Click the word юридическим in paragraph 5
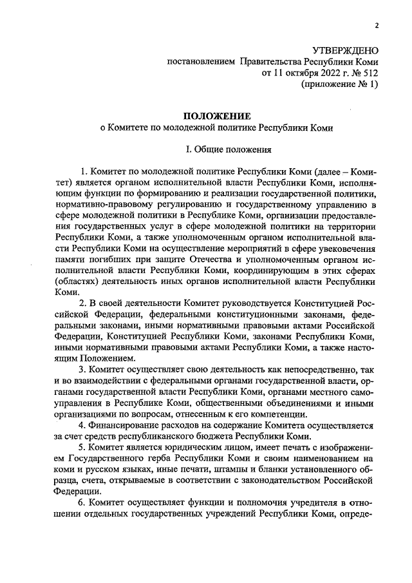coord(185,448)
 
